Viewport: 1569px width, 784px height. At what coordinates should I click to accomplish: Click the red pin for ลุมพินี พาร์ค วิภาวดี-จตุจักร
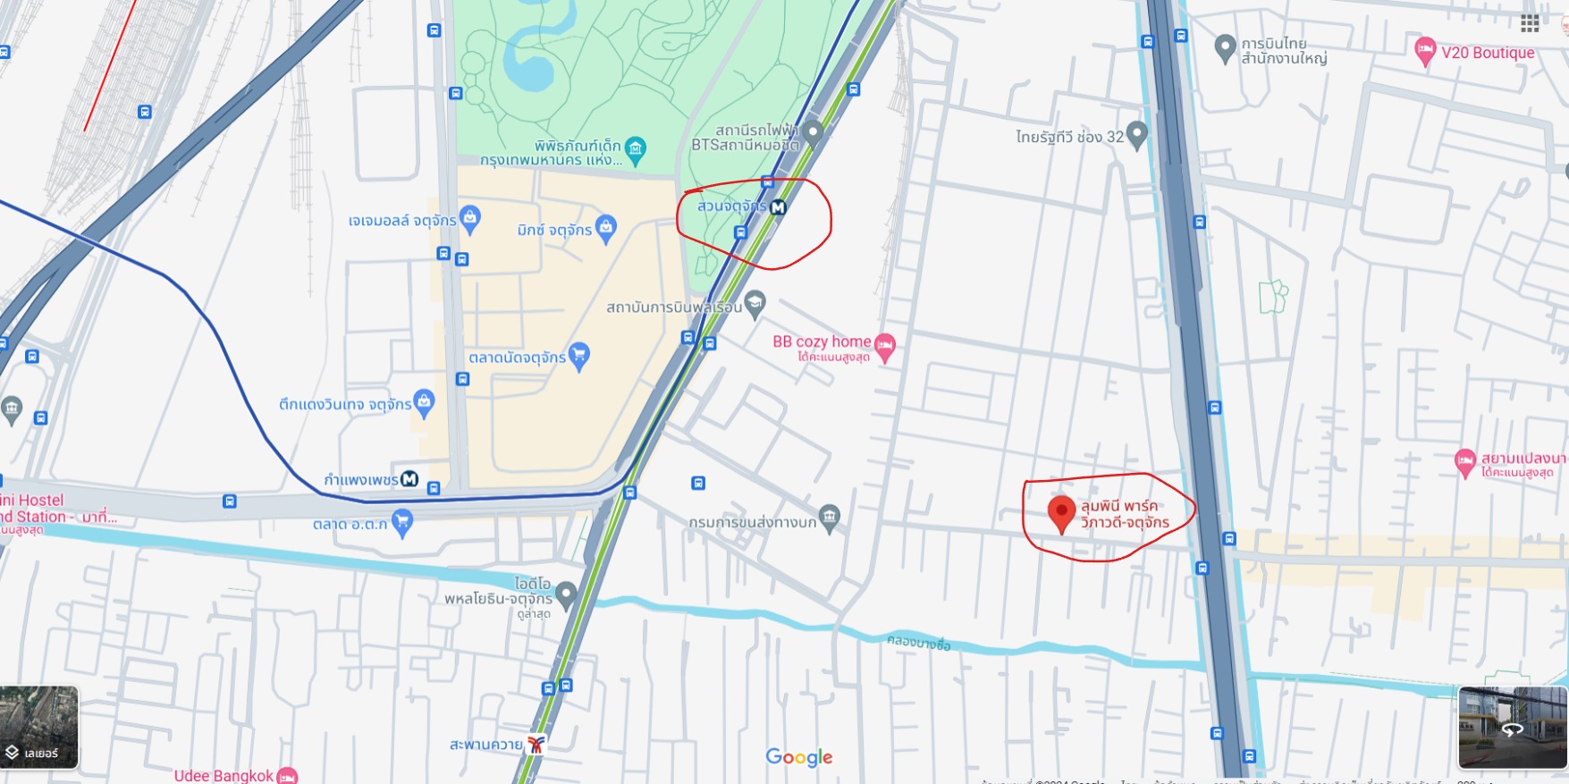pyautogui.click(x=1061, y=513)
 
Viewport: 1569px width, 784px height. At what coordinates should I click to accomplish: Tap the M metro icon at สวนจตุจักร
pyautogui.click(x=778, y=207)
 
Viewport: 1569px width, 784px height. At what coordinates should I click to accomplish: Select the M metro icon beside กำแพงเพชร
pyautogui.click(x=409, y=479)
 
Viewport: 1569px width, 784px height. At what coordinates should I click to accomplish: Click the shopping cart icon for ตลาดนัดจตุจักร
pyautogui.click(x=578, y=356)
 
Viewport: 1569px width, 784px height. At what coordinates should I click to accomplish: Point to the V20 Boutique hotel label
pyautogui.click(x=1487, y=53)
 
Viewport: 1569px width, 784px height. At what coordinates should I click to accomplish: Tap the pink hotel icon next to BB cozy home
pyautogui.click(x=885, y=345)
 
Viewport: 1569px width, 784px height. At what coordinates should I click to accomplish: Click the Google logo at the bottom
pyautogui.click(x=799, y=757)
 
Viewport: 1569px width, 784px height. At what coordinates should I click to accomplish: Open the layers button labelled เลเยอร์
pyautogui.click(x=39, y=728)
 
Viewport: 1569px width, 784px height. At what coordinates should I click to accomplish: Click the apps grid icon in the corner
pyautogui.click(x=1530, y=23)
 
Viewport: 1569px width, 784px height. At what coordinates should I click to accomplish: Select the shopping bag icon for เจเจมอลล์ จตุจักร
pyautogui.click(x=470, y=218)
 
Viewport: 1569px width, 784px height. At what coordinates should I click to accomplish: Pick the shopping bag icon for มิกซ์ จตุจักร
pyautogui.click(x=605, y=228)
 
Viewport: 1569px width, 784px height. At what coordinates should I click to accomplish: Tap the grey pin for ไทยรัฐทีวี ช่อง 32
pyautogui.click(x=1136, y=135)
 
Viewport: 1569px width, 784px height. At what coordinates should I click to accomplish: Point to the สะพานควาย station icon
pyautogui.click(x=536, y=744)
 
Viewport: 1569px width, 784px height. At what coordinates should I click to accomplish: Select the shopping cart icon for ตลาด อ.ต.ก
pyautogui.click(x=402, y=522)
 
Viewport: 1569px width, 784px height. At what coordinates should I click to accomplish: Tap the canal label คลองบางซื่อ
pyautogui.click(x=918, y=642)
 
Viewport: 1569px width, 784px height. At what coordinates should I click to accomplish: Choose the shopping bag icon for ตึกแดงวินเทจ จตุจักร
pyautogui.click(x=424, y=402)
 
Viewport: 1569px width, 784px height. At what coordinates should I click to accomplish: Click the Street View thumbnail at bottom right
pyautogui.click(x=1512, y=728)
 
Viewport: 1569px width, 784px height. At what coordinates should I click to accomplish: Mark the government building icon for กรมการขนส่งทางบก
pyautogui.click(x=830, y=518)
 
